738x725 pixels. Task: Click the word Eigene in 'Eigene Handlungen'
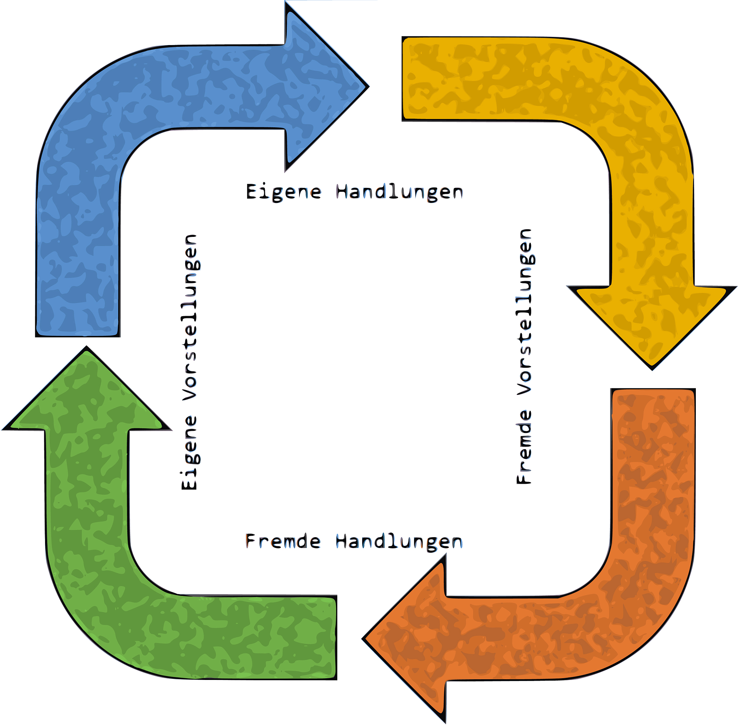(284, 191)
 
